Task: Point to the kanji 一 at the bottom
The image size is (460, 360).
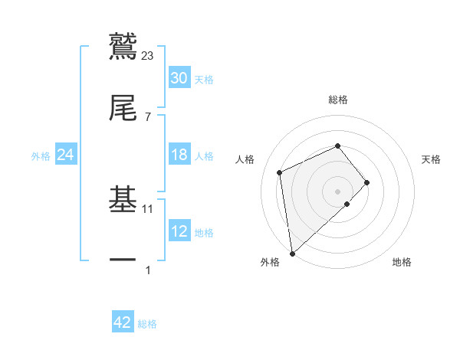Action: (x=123, y=260)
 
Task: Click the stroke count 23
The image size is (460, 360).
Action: (x=148, y=55)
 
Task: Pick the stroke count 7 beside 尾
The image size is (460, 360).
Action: (x=148, y=116)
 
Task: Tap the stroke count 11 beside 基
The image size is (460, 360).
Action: (x=148, y=208)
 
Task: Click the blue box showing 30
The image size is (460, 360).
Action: (x=179, y=78)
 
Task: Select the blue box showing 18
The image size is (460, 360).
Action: (x=179, y=155)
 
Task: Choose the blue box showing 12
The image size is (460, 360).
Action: (x=179, y=231)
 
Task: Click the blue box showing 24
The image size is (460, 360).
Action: (x=66, y=155)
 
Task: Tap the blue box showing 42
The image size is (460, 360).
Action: (x=123, y=322)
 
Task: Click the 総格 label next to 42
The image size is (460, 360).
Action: (x=147, y=324)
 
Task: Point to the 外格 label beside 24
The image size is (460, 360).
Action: (x=41, y=155)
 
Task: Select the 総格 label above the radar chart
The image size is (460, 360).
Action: (x=337, y=100)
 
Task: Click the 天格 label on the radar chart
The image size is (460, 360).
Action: (x=431, y=159)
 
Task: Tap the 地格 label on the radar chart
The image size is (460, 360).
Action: (x=402, y=262)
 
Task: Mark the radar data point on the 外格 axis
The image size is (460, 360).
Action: (x=292, y=253)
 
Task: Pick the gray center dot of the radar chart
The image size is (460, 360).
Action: (x=337, y=191)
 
